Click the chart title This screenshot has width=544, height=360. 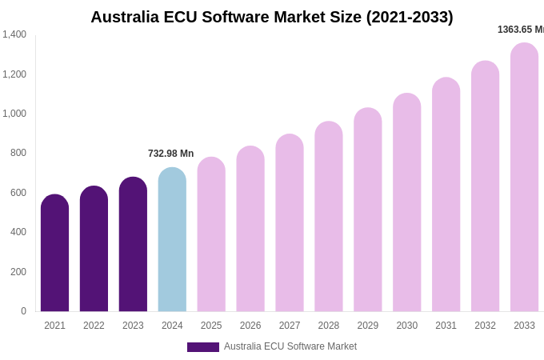(271, 17)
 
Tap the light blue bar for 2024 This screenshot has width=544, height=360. (172, 240)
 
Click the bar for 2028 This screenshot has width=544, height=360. (329, 217)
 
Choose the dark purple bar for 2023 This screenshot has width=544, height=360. (133, 244)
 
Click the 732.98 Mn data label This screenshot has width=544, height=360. (170, 154)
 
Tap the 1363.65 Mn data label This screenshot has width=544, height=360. (521, 30)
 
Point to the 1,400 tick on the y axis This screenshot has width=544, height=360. (14, 34)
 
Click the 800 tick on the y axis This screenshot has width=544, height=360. (18, 153)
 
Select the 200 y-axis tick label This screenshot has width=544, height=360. (18, 272)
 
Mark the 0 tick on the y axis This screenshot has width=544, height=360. (23, 311)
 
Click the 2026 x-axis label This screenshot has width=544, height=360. (250, 326)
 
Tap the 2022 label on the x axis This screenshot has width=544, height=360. (94, 326)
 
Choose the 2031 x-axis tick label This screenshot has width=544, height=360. (446, 326)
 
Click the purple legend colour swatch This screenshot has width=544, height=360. (203, 347)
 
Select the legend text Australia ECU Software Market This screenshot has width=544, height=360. (290, 346)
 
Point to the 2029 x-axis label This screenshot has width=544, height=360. (368, 326)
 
